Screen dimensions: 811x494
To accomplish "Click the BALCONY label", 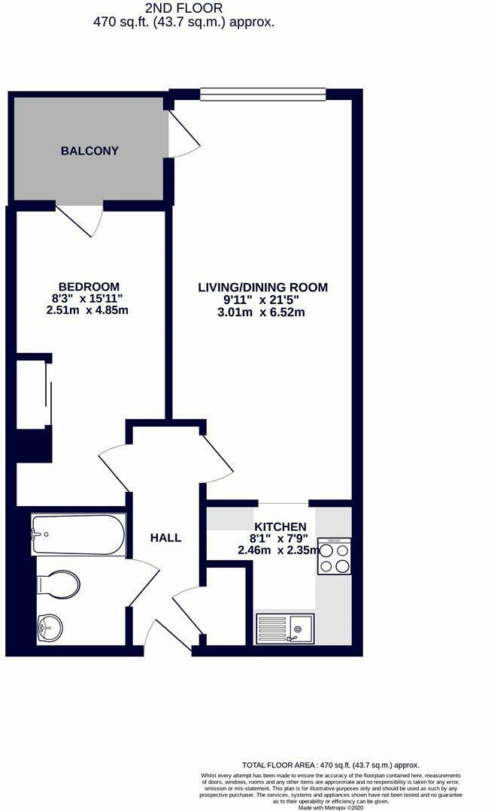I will pyautogui.click(x=89, y=151).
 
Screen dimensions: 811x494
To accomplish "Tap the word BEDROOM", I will pyautogui.click(x=89, y=287).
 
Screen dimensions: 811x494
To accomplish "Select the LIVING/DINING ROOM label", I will pyautogui.click(x=262, y=287).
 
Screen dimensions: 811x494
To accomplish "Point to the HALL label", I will pyautogui.click(x=165, y=538).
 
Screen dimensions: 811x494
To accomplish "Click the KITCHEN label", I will pyautogui.click(x=280, y=526).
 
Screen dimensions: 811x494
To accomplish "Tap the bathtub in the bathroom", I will pyautogui.click(x=78, y=534).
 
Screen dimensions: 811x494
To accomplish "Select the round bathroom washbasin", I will pyautogui.click(x=51, y=626).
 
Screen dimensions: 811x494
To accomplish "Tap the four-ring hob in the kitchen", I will pyautogui.click(x=334, y=556).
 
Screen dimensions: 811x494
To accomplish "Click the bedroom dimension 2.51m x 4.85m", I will pyautogui.click(x=87, y=310).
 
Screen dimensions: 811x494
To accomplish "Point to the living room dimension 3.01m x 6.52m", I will pyautogui.click(x=262, y=312).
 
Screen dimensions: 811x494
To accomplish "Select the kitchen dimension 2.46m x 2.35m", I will pyautogui.click(x=279, y=550).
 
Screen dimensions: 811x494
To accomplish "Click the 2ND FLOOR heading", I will pyautogui.click(x=184, y=8).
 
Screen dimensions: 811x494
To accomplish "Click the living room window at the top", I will pyautogui.click(x=262, y=94).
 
